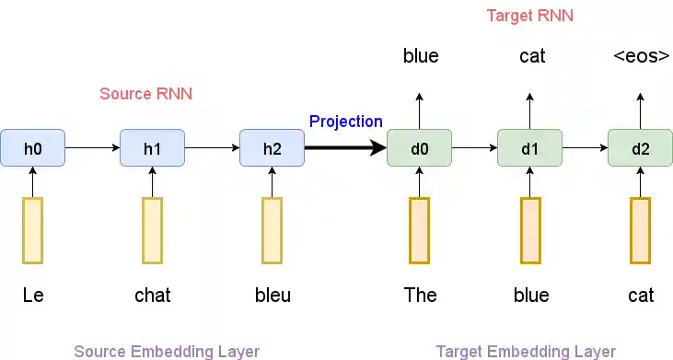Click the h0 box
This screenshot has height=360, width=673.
point(32,148)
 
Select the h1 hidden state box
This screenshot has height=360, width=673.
point(153,148)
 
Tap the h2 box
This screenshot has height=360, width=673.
point(272,148)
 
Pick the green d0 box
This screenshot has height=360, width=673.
point(419,148)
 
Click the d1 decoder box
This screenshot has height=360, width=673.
point(529,148)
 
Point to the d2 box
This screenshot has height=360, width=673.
point(640,148)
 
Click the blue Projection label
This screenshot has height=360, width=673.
point(345,122)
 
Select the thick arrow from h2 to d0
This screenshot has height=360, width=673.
point(345,148)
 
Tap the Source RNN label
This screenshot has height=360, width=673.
point(139,94)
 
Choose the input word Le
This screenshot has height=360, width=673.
point(33,296)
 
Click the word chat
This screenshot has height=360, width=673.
point(153,296)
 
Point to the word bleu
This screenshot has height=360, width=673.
point(273,296)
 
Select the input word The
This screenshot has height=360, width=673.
point(420,296)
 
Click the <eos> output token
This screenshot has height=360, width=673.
point(641,56)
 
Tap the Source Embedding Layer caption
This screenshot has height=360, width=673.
point(167,351)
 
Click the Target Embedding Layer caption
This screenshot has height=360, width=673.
point(526,351)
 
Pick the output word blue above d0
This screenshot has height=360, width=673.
point(421,56)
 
